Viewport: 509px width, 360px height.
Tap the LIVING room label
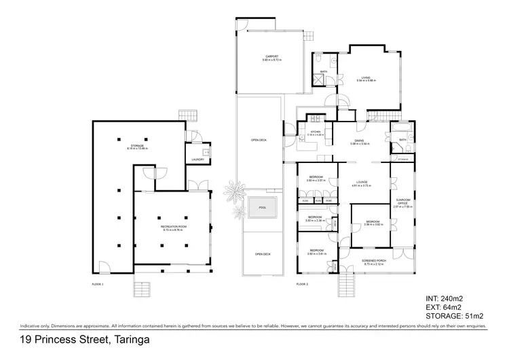(366, 78)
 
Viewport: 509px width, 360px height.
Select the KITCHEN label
(315, 132)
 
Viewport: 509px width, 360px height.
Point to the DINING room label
(359, 141)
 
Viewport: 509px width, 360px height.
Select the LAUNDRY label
(197, 160)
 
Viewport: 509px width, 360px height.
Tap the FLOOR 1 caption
(98, 283)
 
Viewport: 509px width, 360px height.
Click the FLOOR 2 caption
(303, 283)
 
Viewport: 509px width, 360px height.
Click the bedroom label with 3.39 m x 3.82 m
(375, 221)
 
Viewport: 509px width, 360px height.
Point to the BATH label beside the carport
(324, 71)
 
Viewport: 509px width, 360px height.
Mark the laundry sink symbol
(206, 151)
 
